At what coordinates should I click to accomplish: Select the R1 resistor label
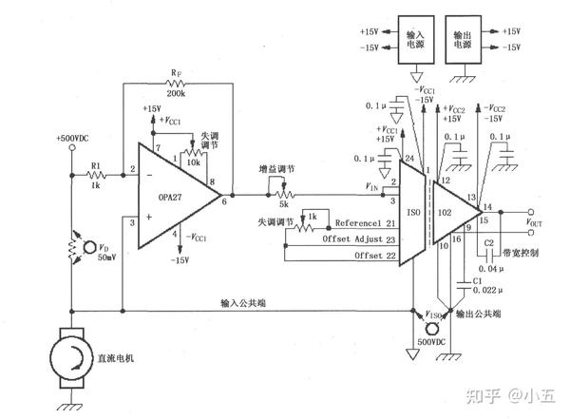click(x=96, y=165)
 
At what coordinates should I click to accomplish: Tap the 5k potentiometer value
click(x=283, y=202)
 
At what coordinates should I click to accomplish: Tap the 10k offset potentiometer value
click(x=193, y=162)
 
